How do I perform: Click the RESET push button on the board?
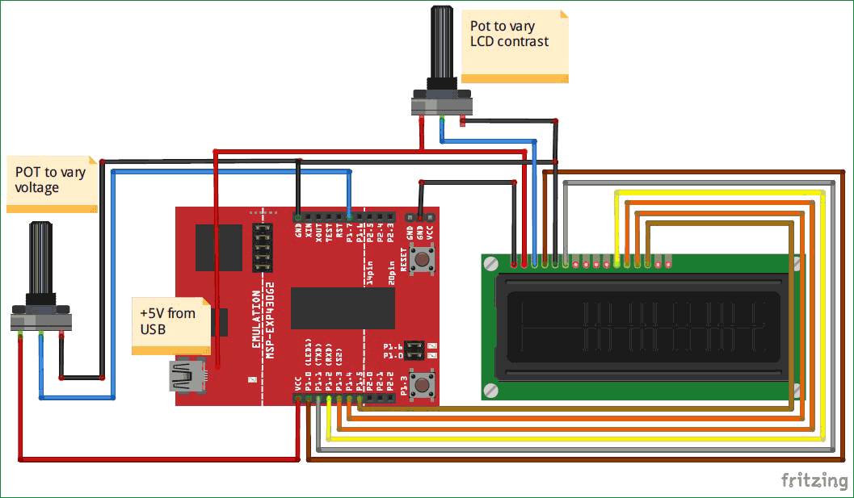tap(421, 260)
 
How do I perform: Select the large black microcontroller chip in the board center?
tap(343, 308)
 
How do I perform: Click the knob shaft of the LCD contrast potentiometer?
tap(442, 44)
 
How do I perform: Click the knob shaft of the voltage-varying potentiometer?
tap(41, 263)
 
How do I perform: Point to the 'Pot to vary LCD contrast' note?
tap(515, 44)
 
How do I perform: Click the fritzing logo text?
tap(814, 480)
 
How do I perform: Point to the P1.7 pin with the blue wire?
tap(349, 216)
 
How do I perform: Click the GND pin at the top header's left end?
tap(299, 216)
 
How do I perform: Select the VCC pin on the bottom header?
tap(299, 398)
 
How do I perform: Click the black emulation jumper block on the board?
tap(262, 247)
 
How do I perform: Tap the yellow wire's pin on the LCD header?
tap(617, 262)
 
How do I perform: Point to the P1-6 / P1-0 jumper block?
tap(414, 350)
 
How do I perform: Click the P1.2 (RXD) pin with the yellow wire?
tap(329, 398)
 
